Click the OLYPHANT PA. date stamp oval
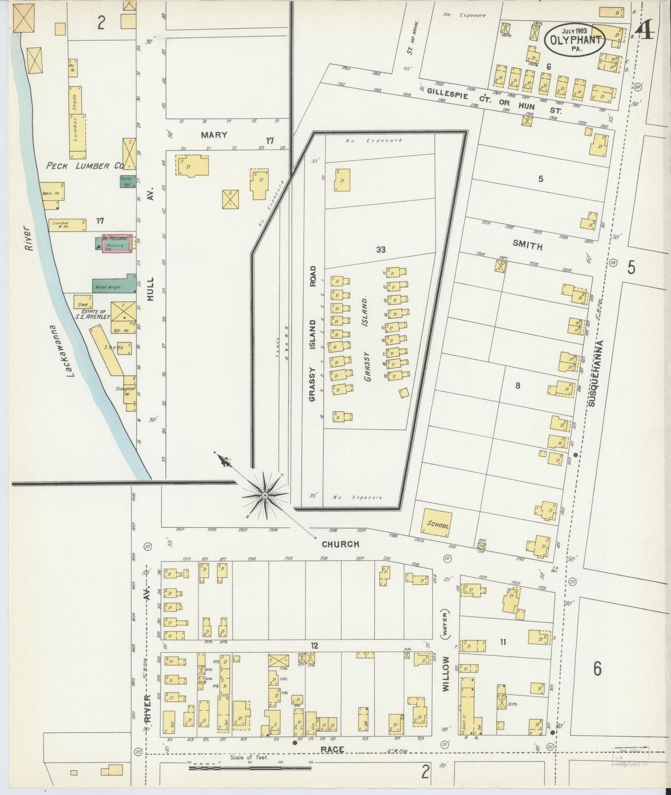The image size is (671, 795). [575, 39]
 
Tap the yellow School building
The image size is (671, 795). [436, 523]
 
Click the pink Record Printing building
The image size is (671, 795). [116, 244]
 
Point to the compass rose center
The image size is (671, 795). [265, 496]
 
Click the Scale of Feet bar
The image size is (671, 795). [250, 768]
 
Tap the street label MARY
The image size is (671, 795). [214, 135]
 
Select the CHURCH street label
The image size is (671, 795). [341, 544]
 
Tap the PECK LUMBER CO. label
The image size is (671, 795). [84, 166]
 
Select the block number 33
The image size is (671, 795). [381, 250]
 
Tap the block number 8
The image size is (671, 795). [517, 385]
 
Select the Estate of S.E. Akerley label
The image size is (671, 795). [93, 314]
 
